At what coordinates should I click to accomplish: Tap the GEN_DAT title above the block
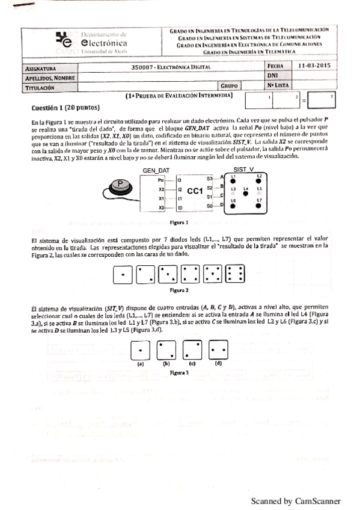(154, 171)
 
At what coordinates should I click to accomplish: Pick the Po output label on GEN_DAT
(160, 180)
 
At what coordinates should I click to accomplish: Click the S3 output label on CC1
(209, 179)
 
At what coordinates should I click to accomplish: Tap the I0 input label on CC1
(179, 207)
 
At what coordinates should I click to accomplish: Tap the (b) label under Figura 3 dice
(166, 363)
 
